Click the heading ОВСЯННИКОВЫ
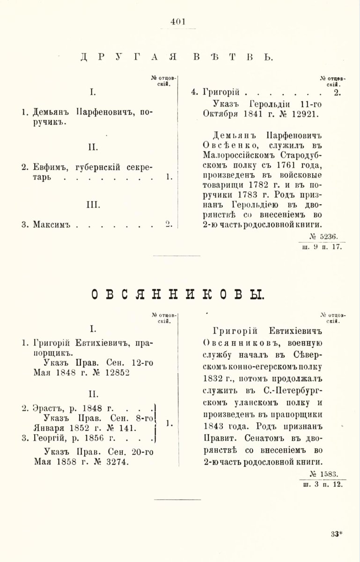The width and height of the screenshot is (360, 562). (177, 295)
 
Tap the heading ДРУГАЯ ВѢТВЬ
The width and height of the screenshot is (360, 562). (176, 58)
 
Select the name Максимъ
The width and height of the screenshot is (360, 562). (51, 224)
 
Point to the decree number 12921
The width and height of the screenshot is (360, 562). (304, 114)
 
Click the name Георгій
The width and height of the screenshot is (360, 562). (51, 438)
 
